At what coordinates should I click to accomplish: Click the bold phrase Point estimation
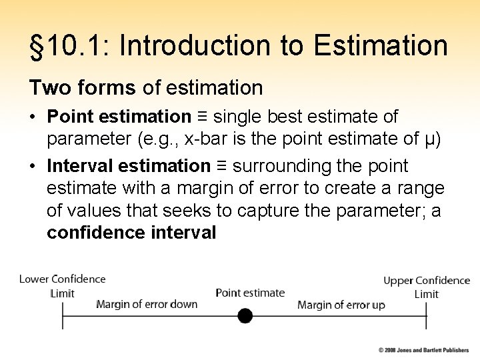(119, 117)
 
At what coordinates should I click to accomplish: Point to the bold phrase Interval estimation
(129, 165)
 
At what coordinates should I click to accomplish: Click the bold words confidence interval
(131, 233)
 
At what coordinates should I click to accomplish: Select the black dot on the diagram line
(245, 315)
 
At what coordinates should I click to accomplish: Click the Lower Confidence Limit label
(63, 286)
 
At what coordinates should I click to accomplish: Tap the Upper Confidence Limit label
(427, 287)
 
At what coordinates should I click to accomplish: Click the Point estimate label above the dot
(250, 293)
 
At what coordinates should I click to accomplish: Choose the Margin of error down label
(147, 305)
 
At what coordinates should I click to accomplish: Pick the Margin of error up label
(341, 305)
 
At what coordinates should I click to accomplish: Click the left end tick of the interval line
(63, 315)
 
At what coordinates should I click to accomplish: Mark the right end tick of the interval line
(427, 315)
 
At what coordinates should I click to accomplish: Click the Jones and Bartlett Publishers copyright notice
(424, 350)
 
